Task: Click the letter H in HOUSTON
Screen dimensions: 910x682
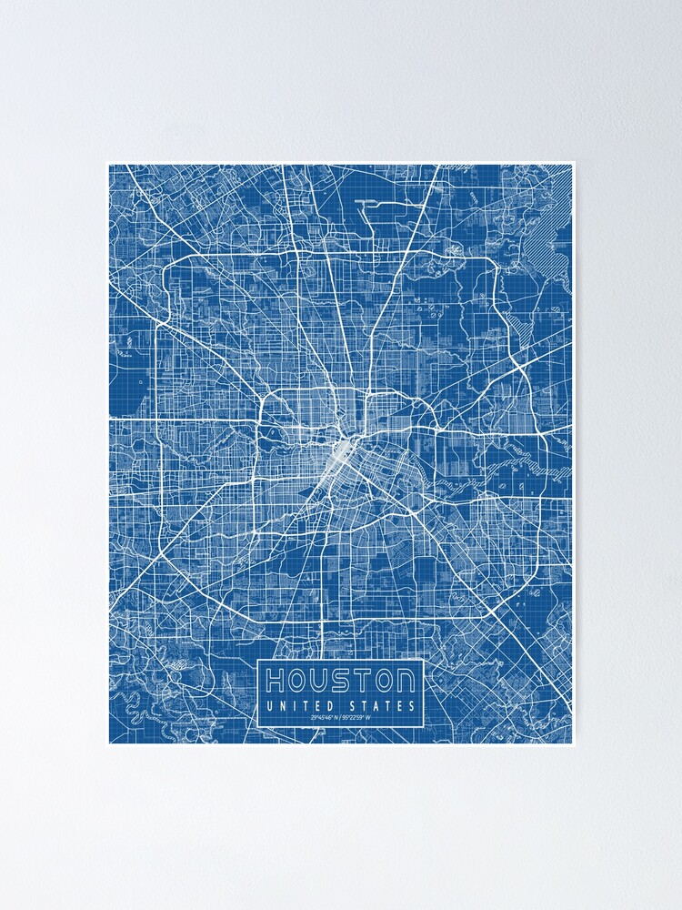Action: point(276,680)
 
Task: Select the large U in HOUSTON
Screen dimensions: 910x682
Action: point(320,680)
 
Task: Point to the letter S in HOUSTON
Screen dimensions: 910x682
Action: point(342,680)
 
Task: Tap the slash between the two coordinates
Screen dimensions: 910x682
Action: point(341,720)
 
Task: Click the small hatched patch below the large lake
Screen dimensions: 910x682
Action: point(519,318)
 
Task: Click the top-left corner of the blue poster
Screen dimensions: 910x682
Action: point(108,164)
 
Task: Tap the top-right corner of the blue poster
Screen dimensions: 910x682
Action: point(574,164)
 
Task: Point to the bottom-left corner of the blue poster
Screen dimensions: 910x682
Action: point(108,744)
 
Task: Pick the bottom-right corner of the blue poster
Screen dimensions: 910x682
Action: point(574,744)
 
